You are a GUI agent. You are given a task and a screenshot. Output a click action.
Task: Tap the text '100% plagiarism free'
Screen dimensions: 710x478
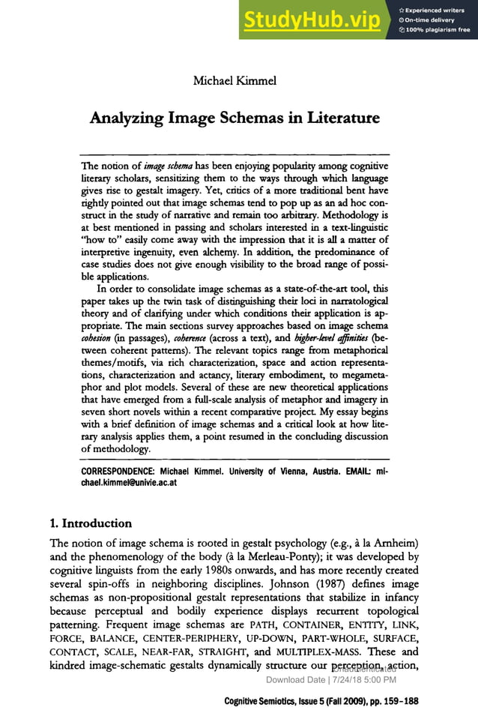(x=438, y=30)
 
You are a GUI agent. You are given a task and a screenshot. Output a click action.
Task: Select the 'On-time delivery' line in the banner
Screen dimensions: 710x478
(x=434, y=20)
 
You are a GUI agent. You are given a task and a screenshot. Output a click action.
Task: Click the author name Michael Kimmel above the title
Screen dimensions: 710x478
(x=235, y=80)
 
